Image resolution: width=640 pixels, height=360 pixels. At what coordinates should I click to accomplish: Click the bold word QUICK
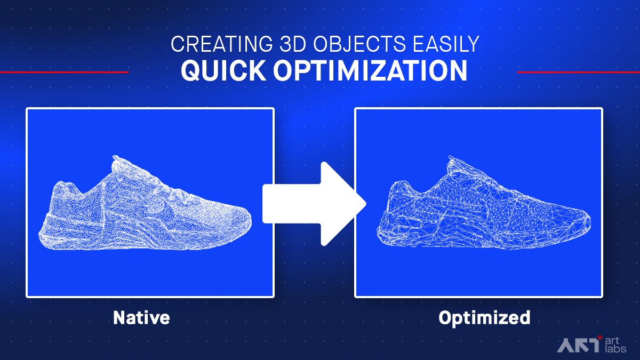(x=223, y=70)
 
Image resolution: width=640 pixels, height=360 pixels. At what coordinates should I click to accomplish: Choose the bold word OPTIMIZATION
(x=370, y=70)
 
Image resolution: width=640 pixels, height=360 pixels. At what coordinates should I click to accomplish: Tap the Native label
(x=141, y=317)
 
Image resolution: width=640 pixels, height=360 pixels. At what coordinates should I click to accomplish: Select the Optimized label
(x=484, y=318)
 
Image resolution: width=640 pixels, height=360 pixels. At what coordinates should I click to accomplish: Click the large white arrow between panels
(x=314, y=204)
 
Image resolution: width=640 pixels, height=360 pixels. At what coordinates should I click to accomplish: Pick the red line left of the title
(x=65, y=73)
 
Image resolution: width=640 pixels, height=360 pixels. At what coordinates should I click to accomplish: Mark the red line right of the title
(x=579, y=73)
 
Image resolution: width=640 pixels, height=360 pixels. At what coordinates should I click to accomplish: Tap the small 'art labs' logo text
(x=615, y=345)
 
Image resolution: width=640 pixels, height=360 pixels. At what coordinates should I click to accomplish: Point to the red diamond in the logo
(x=600, y=338)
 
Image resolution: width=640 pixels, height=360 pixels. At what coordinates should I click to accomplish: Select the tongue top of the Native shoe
(x=115, y=157)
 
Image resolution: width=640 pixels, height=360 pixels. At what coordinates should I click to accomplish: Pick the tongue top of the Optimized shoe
(x=451, y=157)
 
